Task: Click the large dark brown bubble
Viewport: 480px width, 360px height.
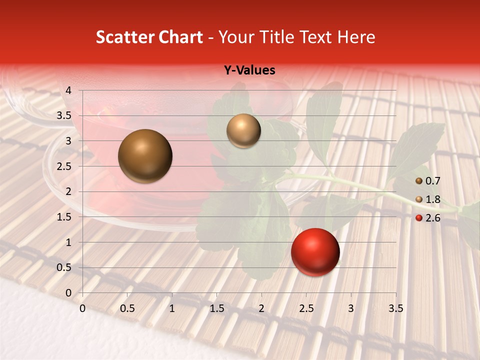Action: click(x=145, y=156)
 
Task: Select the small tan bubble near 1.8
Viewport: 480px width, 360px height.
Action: click(x=243, y=130)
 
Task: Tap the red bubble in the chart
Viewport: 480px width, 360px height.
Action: click(x=315, y=252)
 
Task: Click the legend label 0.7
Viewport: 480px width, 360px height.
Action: click(x=432, y=180)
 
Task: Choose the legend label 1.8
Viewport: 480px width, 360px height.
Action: click(x=432, y=199)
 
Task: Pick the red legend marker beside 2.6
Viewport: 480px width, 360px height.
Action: click(x=419, y=218)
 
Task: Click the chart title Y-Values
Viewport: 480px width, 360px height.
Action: click(x=249, y=70)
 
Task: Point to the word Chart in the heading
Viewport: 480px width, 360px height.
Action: click(x=180, y=37)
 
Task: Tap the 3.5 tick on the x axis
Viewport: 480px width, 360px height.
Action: click(x=395, y=308)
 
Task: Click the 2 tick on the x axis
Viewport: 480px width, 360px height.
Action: click(x=261, y=308)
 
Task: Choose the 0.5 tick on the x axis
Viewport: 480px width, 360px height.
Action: click(x=127, y=308)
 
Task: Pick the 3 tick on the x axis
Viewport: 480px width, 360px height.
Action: click(x=351, y=308)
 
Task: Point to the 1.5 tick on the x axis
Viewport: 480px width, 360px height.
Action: click(x=216, y=308)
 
